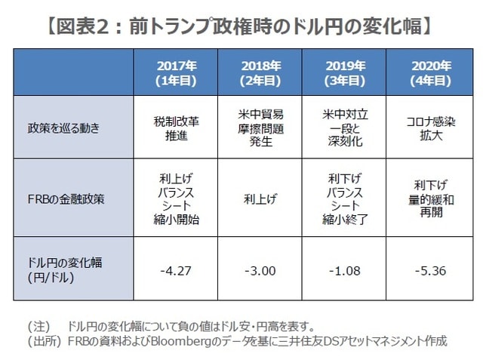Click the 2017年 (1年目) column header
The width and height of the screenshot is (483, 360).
point(180,72)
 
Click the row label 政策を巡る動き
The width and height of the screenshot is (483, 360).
point(60,128)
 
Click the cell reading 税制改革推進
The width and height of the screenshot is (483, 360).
point(180,128)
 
